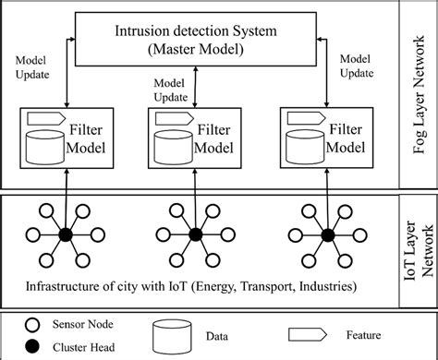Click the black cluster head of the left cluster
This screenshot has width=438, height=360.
(65, 235)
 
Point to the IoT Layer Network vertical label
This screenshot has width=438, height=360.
(420, 242)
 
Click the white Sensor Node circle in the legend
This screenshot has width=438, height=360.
(35, 324)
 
